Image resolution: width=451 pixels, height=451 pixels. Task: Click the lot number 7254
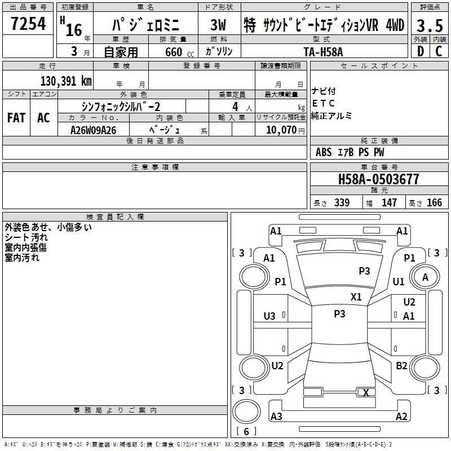click(28, 24)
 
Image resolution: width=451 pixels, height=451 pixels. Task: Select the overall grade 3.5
click(430, 25)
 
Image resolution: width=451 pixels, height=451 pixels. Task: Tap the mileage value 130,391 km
click(66, 81)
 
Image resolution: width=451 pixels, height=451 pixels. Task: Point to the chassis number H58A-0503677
click(378, 179)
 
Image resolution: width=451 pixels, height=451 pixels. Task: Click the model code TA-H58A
click(323, 52)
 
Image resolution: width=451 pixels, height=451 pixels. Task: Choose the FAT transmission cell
click(16, 118)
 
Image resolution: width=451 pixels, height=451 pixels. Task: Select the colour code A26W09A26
click(93, 130)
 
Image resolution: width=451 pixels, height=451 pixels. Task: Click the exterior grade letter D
click(421, 51)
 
